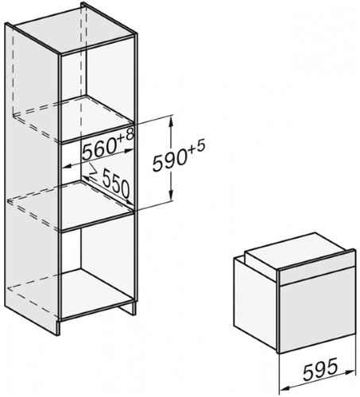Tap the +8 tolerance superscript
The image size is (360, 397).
126,135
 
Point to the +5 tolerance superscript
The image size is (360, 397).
196,147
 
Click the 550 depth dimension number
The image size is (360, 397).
116,183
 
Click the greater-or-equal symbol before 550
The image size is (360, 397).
93,171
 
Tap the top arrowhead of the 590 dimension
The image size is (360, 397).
172,122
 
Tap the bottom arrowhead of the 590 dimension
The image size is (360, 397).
172,196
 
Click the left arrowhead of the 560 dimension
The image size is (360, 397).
68,167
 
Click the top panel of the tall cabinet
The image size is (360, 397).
75,29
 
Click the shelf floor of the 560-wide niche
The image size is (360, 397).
97,204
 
